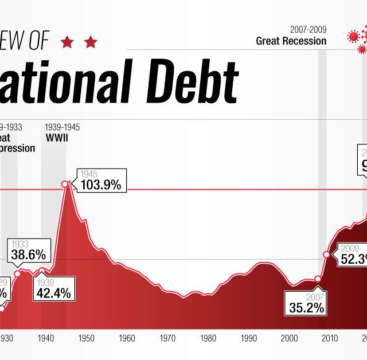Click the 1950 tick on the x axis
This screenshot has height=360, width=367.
86,338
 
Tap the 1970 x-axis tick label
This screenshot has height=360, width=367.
167,338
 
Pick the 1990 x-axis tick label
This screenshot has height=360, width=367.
248,338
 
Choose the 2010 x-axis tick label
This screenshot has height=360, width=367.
329,338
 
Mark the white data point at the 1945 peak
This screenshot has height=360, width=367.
65,184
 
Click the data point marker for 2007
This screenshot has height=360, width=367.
318,279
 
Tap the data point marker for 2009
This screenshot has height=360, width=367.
326,254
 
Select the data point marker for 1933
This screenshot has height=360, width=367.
17,273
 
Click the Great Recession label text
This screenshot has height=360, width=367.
291,41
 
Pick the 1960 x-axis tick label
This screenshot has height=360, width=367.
127,338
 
